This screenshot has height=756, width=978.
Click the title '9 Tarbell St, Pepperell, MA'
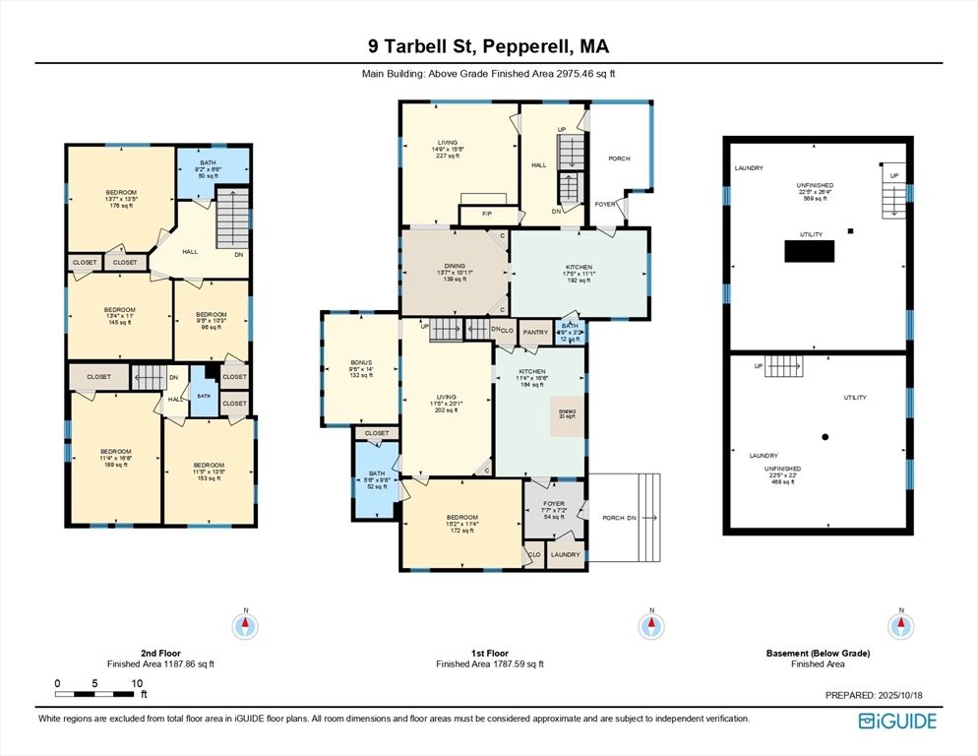point(489,46)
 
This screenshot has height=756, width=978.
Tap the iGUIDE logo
point(896,722)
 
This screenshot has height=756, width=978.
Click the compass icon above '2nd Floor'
point(244,625)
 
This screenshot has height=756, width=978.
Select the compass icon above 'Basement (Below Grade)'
point(898,625)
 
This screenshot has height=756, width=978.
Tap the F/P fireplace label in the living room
point(487,215)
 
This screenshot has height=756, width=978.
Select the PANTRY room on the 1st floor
point(535,333)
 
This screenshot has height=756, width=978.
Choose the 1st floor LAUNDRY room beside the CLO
point(565,555)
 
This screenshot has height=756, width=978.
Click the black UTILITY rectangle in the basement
point(817,250)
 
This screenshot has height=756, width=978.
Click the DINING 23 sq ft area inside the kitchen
point(567,414)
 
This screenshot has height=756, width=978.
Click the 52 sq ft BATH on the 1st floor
point(377,479)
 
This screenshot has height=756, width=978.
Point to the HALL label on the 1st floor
point(538,165)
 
